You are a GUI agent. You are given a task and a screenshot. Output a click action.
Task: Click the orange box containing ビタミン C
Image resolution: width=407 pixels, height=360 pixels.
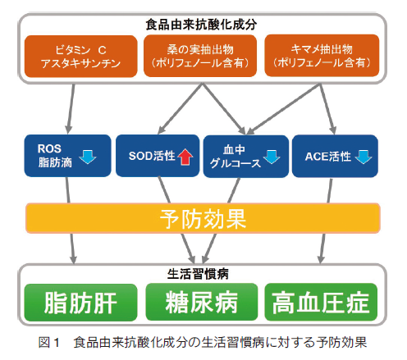pos(81,57)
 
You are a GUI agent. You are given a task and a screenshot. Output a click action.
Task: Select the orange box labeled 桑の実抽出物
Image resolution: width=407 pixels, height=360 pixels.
pos(200,56)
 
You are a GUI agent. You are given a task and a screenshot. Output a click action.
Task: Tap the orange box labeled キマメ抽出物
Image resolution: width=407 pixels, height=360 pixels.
pos(322,56)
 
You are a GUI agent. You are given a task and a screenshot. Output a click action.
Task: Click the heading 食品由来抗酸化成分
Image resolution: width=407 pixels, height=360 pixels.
pos(201,25)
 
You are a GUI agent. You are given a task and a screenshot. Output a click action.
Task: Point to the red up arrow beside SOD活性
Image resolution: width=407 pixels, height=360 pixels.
pos(185,157)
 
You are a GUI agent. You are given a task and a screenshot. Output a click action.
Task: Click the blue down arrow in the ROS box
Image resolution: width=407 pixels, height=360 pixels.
pos(88,157)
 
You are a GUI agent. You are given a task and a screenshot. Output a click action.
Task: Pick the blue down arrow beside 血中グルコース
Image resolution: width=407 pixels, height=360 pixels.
pos(272,157)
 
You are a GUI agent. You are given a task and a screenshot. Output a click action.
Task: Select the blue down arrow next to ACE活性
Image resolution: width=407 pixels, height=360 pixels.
pos(364,157)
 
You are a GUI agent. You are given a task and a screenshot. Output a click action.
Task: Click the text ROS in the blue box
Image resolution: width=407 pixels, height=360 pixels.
pos(49,148)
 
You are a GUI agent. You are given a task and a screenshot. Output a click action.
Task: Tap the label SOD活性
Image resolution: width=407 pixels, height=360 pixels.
pos(152,156)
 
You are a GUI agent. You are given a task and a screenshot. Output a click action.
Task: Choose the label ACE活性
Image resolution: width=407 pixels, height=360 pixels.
pos(328,157)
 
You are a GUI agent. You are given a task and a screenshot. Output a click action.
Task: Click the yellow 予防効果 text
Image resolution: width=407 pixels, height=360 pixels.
pos(203,219)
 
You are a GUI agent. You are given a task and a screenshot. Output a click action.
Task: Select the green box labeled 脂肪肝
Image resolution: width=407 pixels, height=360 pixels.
pos(80,303)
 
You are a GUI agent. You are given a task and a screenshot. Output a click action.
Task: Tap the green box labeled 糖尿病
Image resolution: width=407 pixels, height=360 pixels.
pos(202,302)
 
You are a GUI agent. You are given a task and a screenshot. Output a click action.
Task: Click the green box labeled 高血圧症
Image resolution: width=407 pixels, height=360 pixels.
pos(321,302)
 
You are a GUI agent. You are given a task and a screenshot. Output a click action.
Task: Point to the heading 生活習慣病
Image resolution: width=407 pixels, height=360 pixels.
pos(198,274)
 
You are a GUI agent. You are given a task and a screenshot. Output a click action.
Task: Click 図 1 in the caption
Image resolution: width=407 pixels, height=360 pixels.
pos(49,342)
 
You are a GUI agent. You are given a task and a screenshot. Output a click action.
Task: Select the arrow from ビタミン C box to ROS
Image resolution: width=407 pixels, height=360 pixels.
pos(71,109)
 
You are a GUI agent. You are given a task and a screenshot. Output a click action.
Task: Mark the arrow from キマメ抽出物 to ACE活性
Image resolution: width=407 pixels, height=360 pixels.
pos(327,109)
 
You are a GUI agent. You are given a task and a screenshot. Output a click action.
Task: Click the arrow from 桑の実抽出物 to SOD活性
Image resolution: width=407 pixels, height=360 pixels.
pos(181,109)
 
